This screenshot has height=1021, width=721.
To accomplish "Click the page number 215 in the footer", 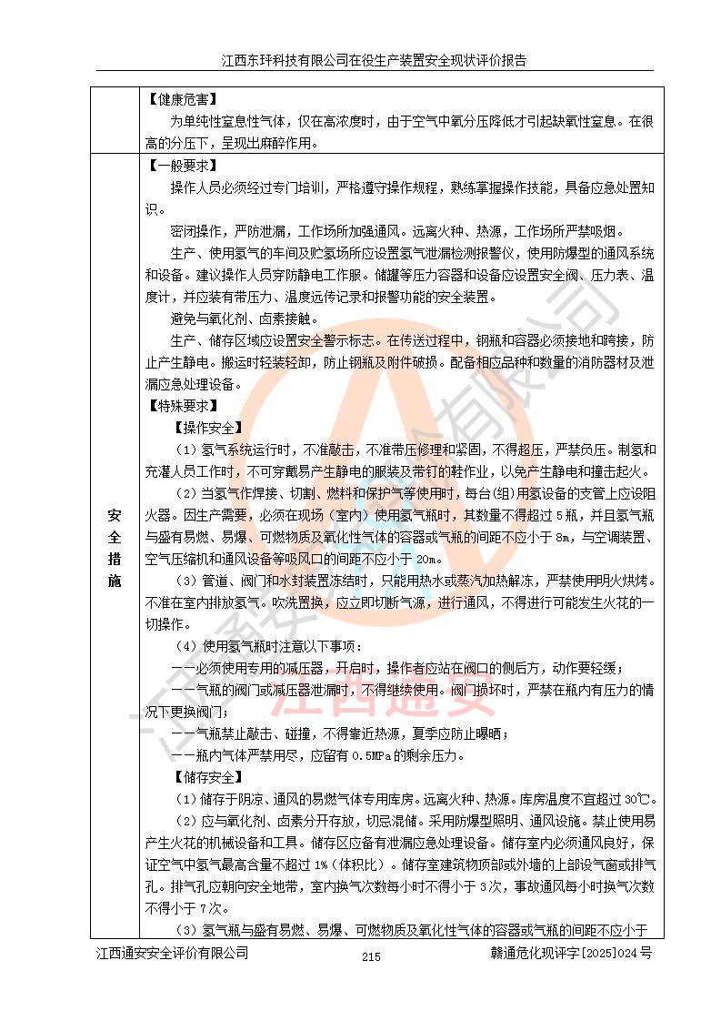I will pos(370,956).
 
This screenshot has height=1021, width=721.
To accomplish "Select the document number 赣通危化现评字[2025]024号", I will pos(570,954).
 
